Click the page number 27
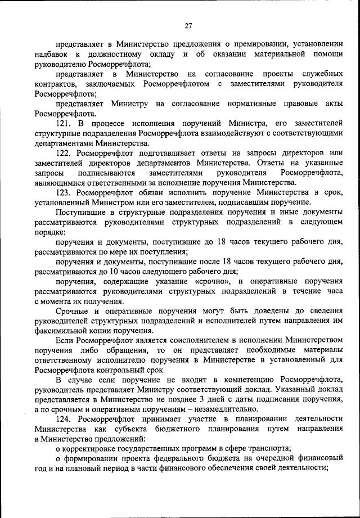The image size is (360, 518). pyautogui.click(x=188, y=25)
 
